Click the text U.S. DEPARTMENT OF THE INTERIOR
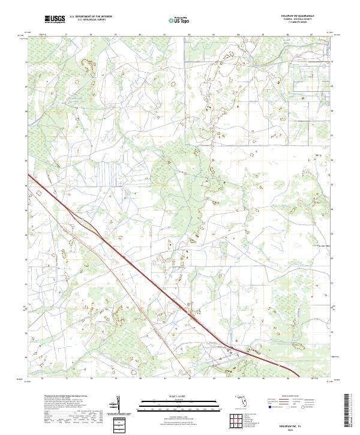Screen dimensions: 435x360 [x=91, y=17]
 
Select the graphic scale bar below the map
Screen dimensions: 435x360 [x=178, y=403]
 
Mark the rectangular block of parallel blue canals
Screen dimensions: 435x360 [x=109, y=173]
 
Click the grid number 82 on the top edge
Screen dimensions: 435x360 [x=190, y=35]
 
